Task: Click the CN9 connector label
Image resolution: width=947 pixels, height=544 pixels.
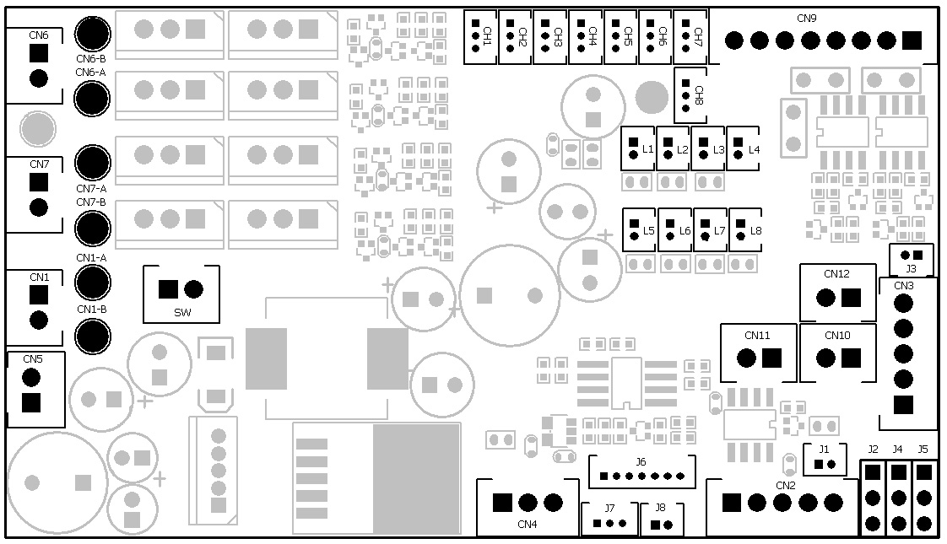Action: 806,19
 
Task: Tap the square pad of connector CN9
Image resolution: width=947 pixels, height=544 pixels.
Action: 912,40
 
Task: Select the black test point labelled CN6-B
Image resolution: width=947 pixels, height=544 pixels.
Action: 93,34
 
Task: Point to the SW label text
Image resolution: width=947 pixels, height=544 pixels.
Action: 182,313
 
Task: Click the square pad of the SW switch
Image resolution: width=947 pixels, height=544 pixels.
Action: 168,289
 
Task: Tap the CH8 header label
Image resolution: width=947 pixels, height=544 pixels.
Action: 698,94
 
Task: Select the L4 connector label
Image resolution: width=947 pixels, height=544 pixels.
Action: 754,149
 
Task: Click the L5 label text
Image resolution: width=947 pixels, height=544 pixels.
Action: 648,230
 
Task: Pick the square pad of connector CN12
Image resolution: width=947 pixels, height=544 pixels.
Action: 851,298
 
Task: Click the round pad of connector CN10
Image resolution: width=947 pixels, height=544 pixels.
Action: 825,358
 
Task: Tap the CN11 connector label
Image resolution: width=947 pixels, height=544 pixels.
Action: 757,335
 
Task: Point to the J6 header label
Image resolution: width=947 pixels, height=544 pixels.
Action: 641,461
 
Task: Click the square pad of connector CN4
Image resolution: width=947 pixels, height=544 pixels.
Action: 502,504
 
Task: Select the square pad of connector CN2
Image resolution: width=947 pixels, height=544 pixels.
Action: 731,503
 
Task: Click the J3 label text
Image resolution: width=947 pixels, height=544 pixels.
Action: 911,268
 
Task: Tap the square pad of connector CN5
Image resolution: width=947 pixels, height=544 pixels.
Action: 31,402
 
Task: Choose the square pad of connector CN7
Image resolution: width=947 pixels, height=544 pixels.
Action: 38,181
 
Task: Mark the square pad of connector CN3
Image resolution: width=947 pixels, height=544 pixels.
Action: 903,405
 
